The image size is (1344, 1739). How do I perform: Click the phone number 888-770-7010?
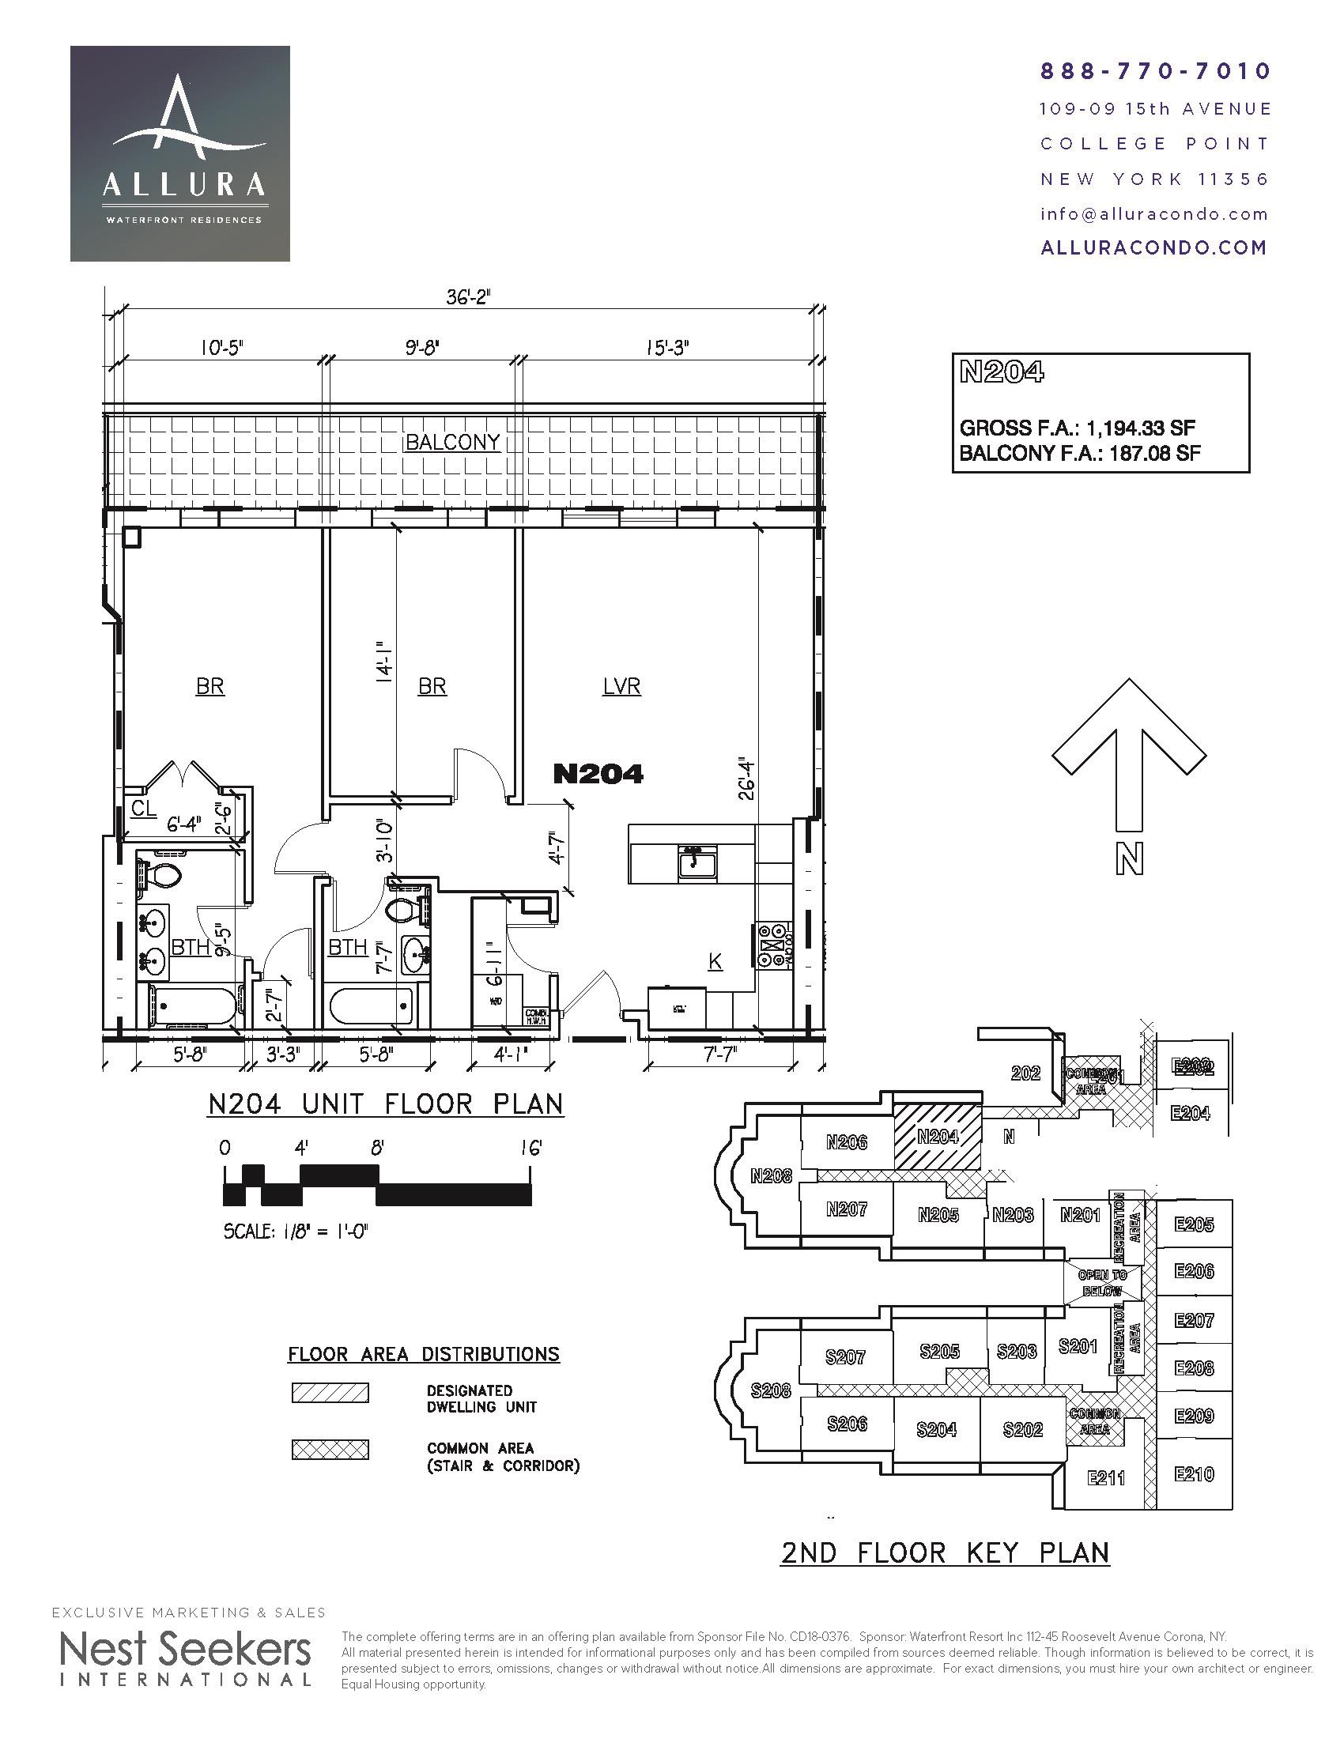[x=1155, y=72]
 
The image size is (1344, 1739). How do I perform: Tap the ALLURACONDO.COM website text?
[x=1153, y=247]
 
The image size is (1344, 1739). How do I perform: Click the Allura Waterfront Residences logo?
[x=180, y=153]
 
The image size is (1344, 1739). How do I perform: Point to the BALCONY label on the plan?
[x=453, y=443]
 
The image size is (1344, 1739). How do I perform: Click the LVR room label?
[x=621, y=686]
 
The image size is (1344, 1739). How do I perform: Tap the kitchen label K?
[x=715, y=962]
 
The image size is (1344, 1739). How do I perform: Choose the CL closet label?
[x=143, y=809]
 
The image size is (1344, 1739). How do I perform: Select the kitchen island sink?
[x=698, y=862]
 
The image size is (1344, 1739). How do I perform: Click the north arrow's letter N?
[x=1129, y=859]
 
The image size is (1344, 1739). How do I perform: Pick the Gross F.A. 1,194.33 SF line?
[x=1078, y=428]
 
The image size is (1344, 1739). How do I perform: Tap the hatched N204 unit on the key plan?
[x=937, y=1137]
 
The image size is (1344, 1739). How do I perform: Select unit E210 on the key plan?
[x=1195, y=1474]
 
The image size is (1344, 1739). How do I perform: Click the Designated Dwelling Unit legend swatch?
[x=330, y=1393]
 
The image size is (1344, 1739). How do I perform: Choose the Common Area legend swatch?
[x=330, y=1449]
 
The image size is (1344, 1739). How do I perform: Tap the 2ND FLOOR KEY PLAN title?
[x=944, y=1552]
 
